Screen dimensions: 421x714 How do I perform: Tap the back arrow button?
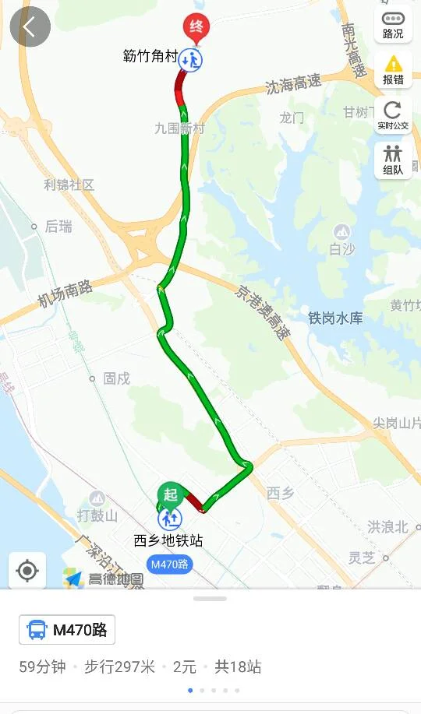point(30,27)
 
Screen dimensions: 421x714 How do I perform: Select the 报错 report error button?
point(393,69)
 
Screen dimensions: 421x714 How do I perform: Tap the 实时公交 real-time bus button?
point(393,114)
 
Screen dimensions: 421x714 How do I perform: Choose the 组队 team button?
point(393,160)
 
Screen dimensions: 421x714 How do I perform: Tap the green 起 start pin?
point(169,495)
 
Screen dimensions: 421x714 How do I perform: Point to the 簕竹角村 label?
point(150,57)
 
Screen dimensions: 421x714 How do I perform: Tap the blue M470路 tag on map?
point(170,565)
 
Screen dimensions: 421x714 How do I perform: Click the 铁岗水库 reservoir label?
point(335,318)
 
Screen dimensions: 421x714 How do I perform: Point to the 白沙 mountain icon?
point(341,232)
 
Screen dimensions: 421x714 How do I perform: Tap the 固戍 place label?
point(116,378)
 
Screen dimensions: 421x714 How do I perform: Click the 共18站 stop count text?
point(238,667)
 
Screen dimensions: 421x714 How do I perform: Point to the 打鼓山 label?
point(97,515)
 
